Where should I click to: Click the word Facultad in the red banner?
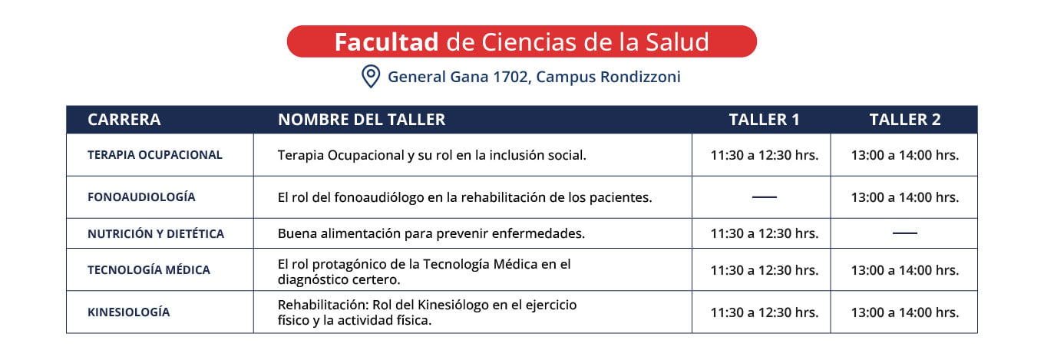[386, 42]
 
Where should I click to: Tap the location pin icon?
[371, 76]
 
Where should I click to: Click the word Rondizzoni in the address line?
[640, 77]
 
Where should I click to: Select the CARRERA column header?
[124, 120]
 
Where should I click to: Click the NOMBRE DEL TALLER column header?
[362, 120]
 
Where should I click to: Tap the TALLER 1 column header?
[765, 120]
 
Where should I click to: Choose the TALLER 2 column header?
[905, 120]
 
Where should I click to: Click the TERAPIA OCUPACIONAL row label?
[155, 155]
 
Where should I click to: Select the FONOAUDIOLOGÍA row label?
[141, 197]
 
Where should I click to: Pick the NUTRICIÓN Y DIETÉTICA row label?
[156, 233]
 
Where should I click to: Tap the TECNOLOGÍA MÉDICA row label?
[149, 269]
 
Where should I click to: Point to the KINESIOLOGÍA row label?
[129, 312]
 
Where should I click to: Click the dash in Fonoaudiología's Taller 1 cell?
[765, 197]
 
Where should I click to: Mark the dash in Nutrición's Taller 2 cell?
[905, 233]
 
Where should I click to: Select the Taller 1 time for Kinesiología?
[765, 312]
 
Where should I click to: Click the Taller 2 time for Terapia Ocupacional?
[905, 155]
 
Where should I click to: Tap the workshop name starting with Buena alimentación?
[431, 233]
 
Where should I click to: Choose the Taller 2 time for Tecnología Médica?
[905, 270]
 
